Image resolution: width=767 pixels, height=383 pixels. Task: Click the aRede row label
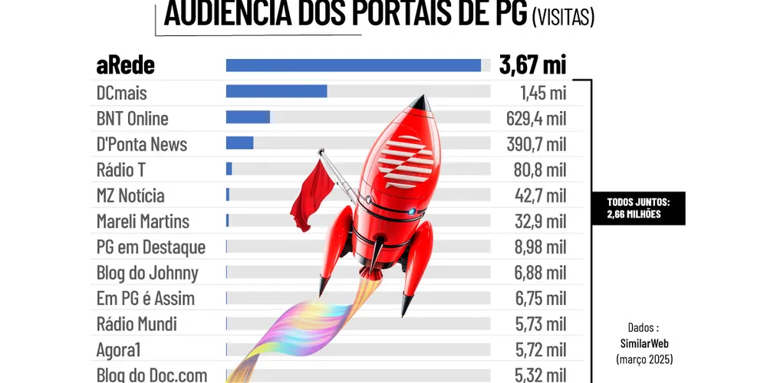(125, 66)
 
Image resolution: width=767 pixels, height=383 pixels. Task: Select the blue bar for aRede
(353, 66)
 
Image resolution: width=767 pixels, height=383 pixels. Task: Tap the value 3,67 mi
(532, 65)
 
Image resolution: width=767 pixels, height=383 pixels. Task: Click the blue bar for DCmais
(276, 91)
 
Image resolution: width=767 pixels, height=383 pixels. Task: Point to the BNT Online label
(132, 119)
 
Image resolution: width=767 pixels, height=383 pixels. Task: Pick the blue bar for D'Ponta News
(239, 143)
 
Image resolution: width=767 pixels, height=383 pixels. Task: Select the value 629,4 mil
(535, 119)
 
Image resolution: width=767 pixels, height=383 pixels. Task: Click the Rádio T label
(120, 169)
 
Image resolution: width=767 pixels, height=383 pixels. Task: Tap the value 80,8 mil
(539, 169)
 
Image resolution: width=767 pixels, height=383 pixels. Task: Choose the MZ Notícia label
(130, 195)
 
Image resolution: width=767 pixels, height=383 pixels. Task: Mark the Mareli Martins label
(143, 221)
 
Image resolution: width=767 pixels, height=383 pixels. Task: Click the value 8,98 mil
(540, 247)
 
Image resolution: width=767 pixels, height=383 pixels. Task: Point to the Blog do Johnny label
(147, 273)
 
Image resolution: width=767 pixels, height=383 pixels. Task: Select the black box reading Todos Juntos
(637, 208)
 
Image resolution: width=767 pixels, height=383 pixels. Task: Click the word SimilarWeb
(644, 342)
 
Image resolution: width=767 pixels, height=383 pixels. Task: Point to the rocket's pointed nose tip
(421, 98)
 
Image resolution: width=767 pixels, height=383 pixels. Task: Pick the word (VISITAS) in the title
(563, 17)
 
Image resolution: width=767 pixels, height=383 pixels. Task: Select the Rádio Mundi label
(137, 324)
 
